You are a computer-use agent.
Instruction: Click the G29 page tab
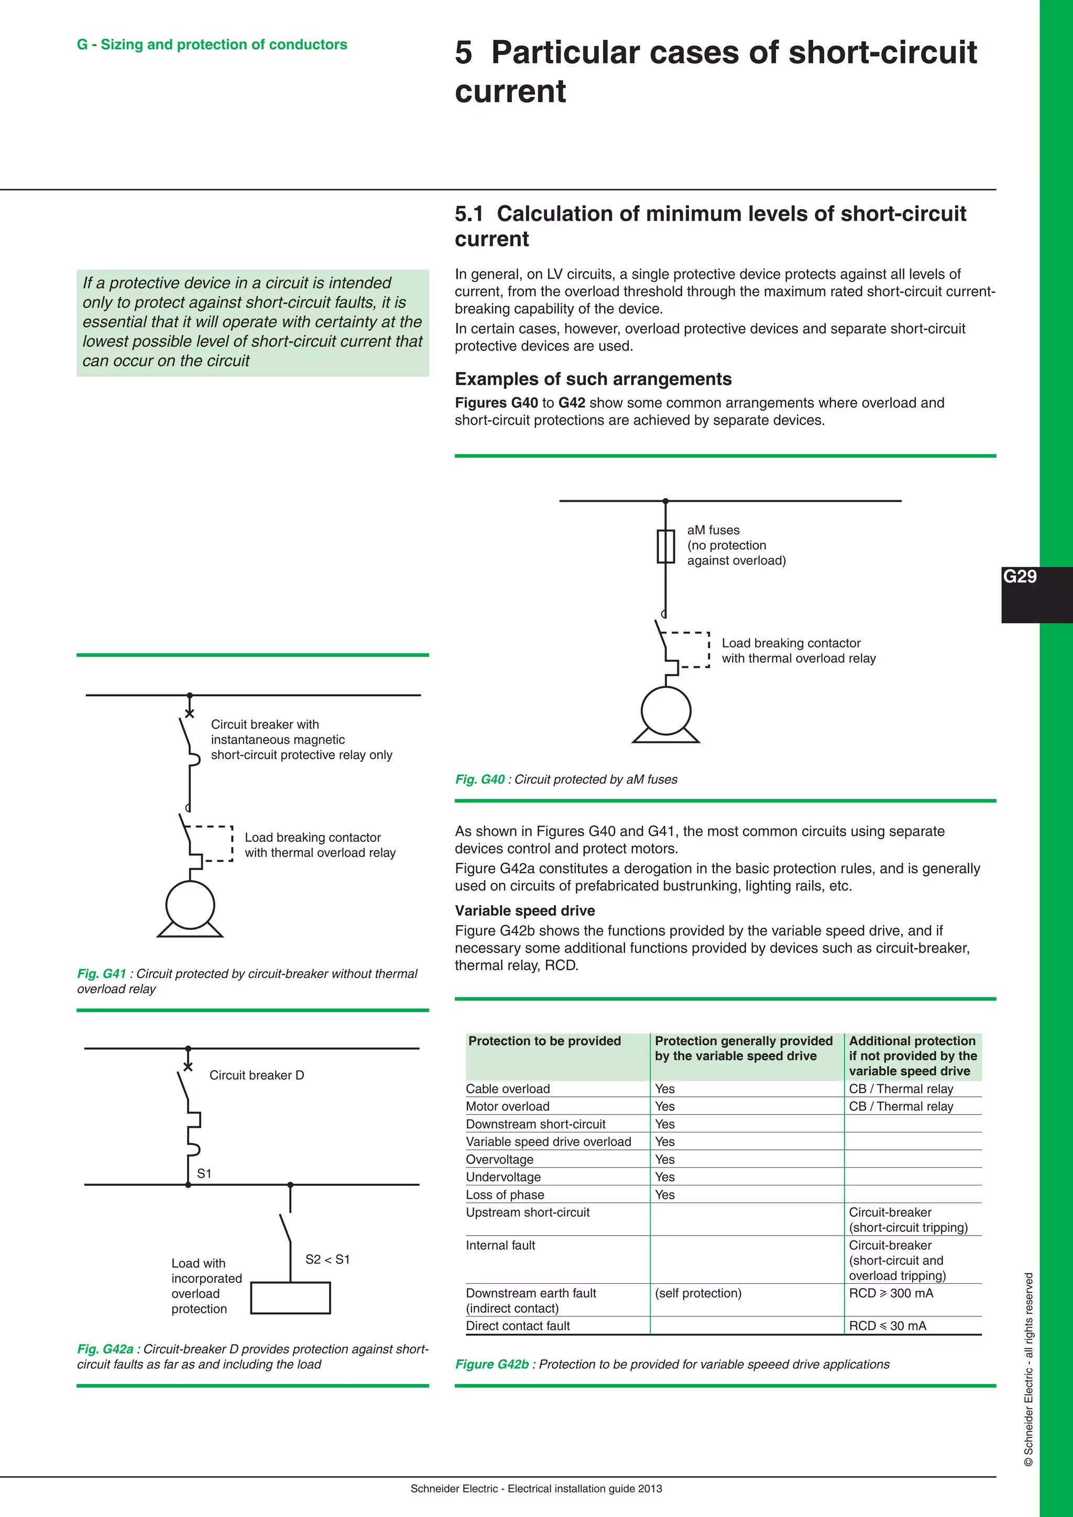1020,577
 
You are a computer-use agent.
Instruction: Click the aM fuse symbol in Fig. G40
665,546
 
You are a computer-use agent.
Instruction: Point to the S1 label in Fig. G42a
204,1173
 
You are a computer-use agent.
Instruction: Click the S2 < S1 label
327,1259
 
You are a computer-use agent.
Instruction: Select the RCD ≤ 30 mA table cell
888,1325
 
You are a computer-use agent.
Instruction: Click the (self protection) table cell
698,1293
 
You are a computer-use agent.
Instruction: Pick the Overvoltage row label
499,1159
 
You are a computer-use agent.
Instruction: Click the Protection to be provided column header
544,1041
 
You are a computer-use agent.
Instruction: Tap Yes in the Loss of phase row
665,1194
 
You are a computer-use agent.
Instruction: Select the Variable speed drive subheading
524,910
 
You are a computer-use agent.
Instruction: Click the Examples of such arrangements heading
593,379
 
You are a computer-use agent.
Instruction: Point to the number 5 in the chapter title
464,53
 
